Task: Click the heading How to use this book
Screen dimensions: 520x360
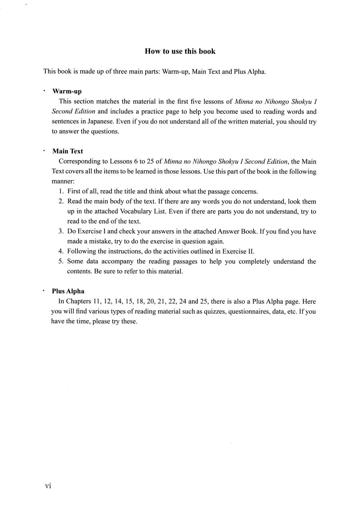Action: point(180,51)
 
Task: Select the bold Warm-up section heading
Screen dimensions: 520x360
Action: point(67,91)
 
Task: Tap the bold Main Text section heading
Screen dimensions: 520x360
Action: point(67,151)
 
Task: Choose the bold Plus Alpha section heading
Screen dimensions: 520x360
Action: point(68,291)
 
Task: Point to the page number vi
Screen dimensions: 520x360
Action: point(48,486)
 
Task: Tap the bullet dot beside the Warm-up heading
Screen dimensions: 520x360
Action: point(44,91)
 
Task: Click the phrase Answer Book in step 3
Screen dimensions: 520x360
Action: point(237,231)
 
